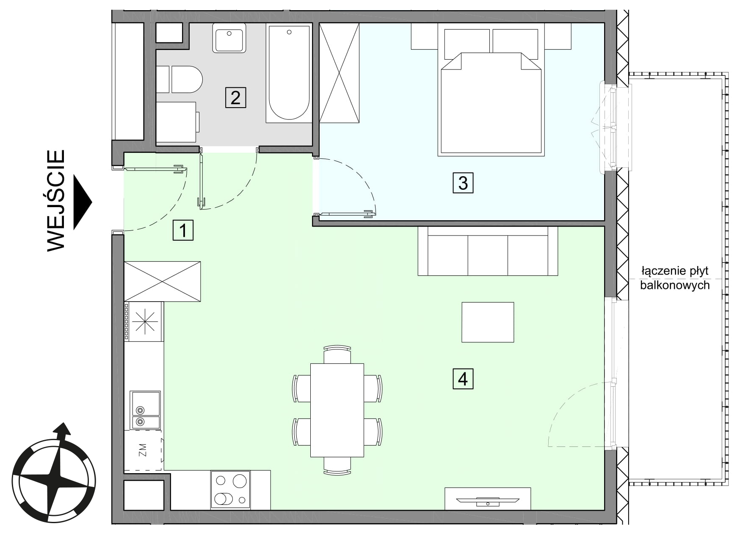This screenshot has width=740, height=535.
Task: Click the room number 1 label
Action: coord(183,230)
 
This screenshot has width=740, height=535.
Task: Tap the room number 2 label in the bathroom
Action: coord(235,97)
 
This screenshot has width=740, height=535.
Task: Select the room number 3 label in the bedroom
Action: coord(463,183)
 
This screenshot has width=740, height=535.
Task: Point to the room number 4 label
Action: coord(463,378)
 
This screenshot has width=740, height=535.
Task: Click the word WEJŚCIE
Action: coord(56,200)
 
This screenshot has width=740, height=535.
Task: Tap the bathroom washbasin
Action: coord(229,38)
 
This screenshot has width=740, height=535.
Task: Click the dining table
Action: coord(337,410)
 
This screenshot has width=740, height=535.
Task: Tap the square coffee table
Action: coord(488,322)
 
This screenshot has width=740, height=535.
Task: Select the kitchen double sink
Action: coord(145,410)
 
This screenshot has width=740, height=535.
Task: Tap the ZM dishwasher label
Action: coord(143,450)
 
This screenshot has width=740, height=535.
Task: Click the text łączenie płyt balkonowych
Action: coord(675,278)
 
